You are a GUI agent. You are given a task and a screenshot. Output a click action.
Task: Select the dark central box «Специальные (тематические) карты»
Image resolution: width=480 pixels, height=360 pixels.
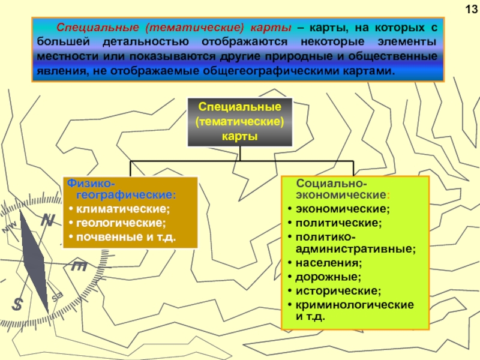(240, 122)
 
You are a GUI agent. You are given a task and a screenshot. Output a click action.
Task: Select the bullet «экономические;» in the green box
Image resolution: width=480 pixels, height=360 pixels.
(341, 209)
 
